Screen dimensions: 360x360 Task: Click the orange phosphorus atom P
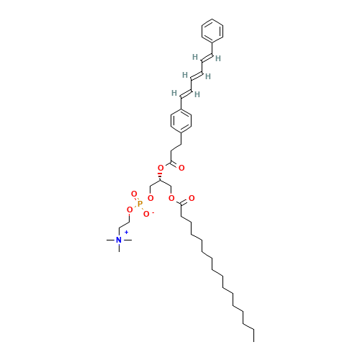[140, 204]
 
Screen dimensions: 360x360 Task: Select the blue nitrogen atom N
[119, 240]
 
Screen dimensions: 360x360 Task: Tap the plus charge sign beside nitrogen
[126, 233]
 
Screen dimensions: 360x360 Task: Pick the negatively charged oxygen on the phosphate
[146, 214]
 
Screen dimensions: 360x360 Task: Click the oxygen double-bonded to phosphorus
[134, 194]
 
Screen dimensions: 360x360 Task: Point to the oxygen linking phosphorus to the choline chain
[130, 210]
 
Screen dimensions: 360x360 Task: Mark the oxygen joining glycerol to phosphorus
[150, 198]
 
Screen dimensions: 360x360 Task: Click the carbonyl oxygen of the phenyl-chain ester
[181, 168]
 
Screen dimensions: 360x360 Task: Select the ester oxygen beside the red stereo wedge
[161, 168]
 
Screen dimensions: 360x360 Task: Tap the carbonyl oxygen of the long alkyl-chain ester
[192, 198]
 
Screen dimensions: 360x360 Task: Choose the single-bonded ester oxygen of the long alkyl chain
[171, 198]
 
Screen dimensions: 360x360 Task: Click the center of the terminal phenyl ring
[212, 31]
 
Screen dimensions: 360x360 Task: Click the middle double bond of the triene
[196, 75]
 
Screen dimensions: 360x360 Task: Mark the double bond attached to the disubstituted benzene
[186, 93]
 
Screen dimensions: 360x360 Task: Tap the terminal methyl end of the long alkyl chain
[251, 328]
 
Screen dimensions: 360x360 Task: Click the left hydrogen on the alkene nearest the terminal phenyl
[195, 57]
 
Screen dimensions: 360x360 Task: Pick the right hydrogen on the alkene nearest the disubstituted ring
[197, 94]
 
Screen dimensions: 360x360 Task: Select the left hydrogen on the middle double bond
[185, 75]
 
